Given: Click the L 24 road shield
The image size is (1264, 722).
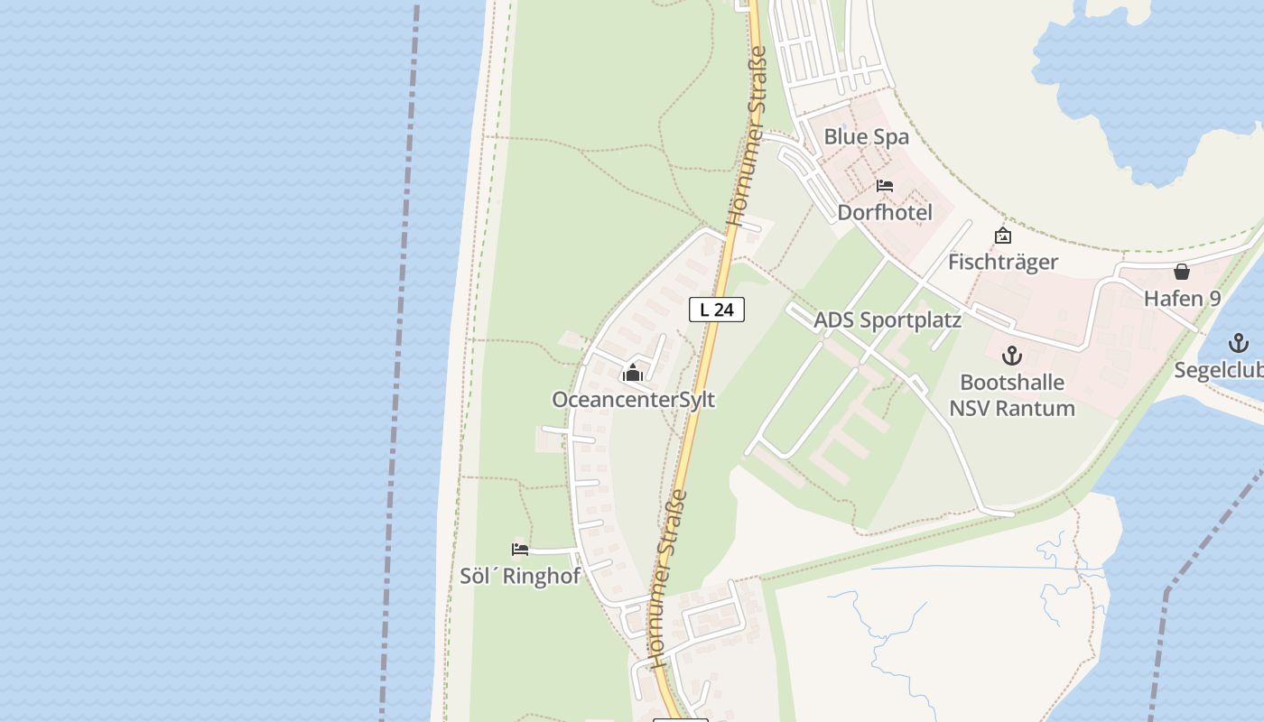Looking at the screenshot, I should [717, 310].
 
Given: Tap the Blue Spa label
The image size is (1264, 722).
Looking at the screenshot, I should [866, 137].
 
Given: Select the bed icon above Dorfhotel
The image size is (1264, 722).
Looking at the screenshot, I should [885, 186].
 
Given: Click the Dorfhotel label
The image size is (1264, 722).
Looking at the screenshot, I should [885, 213].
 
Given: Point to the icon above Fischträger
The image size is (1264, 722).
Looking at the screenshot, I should [1002, 236].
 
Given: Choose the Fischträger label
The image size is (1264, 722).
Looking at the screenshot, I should [1002, 262].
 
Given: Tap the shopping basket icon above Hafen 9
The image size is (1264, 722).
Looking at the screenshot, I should [1181, 272].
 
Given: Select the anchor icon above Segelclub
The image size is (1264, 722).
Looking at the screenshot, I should [1239, 343].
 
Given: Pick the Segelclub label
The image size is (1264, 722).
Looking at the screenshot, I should [1219, 370].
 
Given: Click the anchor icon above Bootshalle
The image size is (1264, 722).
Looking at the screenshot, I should [1011, 356].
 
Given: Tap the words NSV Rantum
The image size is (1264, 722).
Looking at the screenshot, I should [1011, 408].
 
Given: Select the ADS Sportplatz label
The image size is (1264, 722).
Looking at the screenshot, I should [888, 320].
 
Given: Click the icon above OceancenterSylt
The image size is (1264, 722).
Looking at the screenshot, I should [633, 374].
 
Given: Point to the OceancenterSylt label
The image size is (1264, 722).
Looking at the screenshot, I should [633, 399].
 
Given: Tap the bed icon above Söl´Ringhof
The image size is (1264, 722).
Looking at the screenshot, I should [519, 549].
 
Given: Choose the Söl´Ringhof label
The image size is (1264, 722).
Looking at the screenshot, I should [520, 576].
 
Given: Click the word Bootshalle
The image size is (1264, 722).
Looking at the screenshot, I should [1011, 382].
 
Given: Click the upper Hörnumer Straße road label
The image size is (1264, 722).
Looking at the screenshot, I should [748, 135].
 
